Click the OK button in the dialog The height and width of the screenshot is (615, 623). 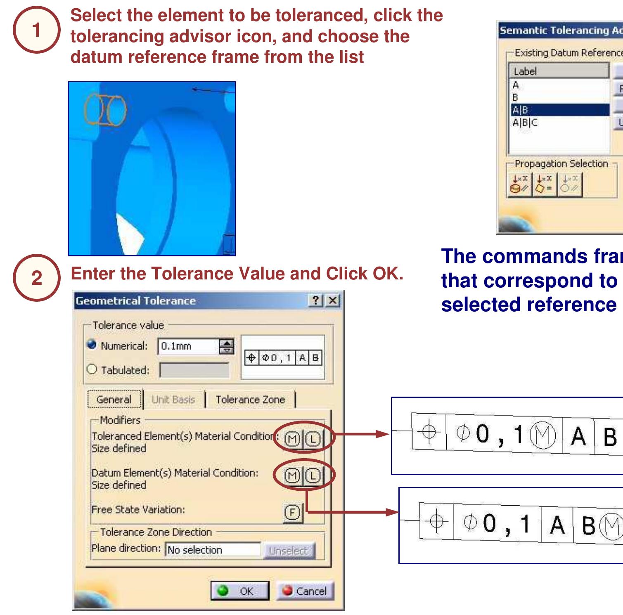[x=240, y=591]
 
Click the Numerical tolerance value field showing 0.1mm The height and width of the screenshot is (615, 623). [x=188, y=346]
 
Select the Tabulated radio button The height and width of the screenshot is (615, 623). [x=92, y=369]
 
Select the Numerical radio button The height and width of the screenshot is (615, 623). [x=92, y=345]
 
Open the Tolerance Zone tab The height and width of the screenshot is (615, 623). [x=250, y=400]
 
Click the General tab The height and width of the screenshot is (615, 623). [x=114, y=400]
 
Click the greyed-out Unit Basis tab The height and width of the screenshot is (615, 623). [x=173, y=400]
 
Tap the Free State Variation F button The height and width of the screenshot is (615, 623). [x=292, y=513]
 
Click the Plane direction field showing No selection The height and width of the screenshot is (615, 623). [x=213, y=550]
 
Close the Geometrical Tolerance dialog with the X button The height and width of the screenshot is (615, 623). [x=333, y=300]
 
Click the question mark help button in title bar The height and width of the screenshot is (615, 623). [x=316, y=300]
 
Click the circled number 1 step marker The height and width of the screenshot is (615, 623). [x=37, y=30]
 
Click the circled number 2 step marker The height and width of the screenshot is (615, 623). [x=37, y=278]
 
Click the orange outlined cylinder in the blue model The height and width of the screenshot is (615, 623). [x=105, y=110]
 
